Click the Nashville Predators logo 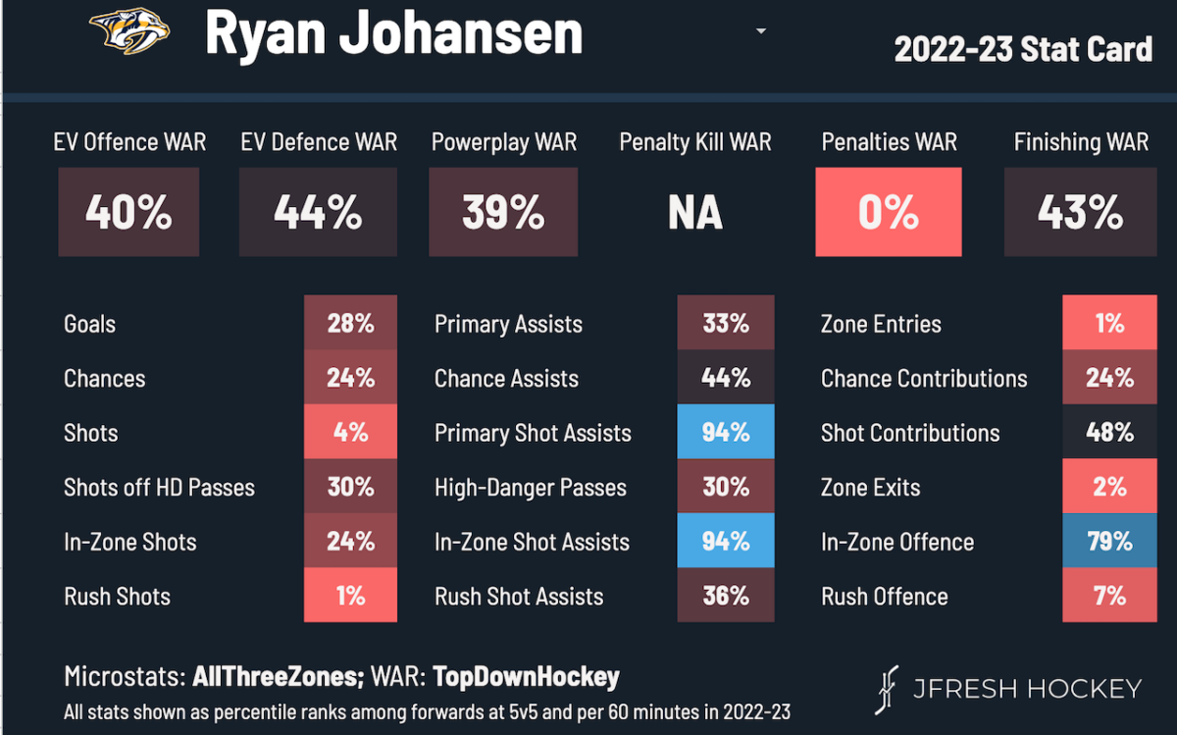[x=128, y=32]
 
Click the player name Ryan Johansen [x=393, y=33]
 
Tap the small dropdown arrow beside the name [x=760, y=31]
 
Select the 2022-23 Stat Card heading [x=1023, y=48]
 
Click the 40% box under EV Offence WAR [x=128, y=212]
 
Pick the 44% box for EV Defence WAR [x=318, y=212]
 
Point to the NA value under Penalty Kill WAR [x=694, y=213]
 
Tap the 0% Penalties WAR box [x=889, y=212]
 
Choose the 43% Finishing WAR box [x=1080, y=212]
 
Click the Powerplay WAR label [x=503, y=142]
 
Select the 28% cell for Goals [x=350, y=324]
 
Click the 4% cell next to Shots [x=350, y=433]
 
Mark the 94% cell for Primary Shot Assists [x=726, y=433]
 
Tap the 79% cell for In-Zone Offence [x=1109, y=542]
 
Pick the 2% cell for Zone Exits [x=1109, y=488]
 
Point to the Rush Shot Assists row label [x=519, y=597]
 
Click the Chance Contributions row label [x=924, y=379]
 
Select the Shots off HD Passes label [x=159, y=488]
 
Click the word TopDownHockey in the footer [x=527, y=677]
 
